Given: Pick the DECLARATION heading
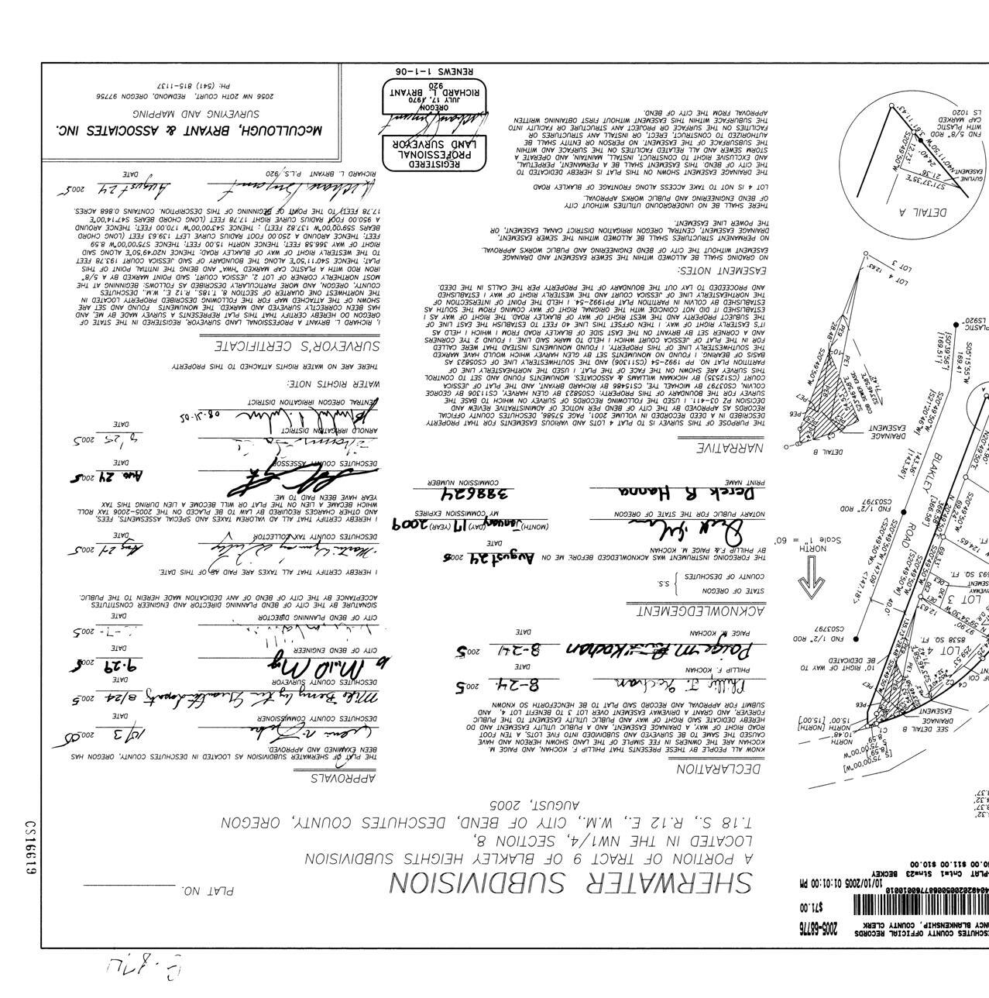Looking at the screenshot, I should coord(719,769).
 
